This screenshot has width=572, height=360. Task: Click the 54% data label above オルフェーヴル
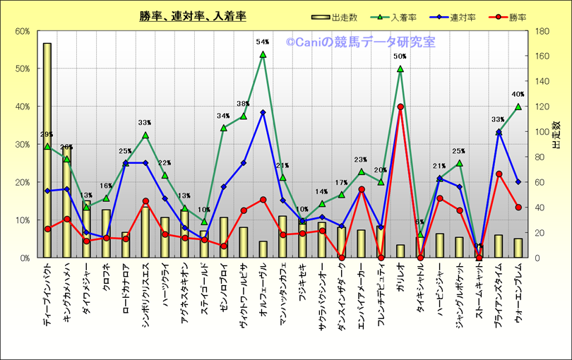[263, 42]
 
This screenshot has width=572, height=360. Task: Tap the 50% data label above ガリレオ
[400, 56]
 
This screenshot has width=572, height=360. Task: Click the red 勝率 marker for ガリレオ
[400, 107]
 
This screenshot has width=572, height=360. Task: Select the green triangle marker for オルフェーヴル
[263, 54]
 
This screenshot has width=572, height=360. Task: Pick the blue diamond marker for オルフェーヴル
[263, 112]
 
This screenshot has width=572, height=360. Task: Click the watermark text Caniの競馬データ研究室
[361, 42]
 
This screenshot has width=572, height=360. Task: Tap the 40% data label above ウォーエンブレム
[518, 94]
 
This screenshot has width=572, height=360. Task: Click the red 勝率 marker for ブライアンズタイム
[499, 174]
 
